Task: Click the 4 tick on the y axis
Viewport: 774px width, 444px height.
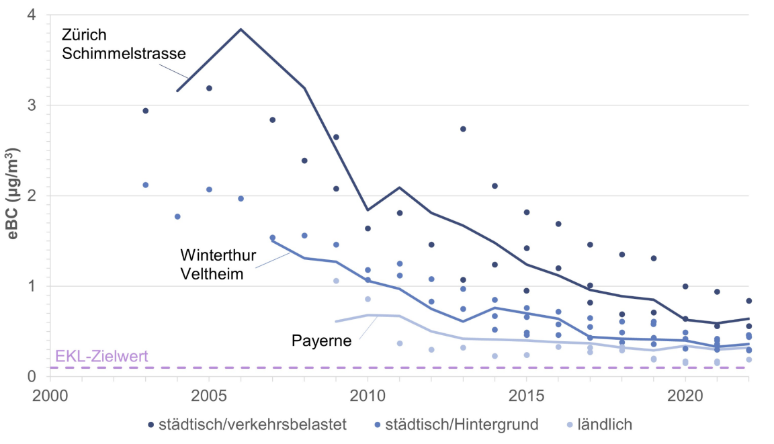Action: point(32,15)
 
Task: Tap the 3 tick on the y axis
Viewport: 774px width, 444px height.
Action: point(32,105)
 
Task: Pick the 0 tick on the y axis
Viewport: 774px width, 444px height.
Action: point(32,376)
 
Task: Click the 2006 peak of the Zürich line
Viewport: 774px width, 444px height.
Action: point(241,29)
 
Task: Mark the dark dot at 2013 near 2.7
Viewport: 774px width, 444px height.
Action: point(463,129)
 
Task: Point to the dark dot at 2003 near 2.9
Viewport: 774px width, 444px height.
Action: point(145,111)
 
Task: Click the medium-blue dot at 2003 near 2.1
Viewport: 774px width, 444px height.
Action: point(145,185)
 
